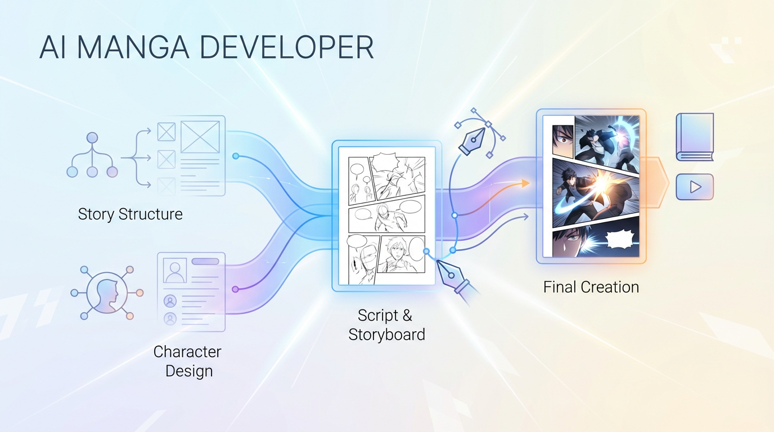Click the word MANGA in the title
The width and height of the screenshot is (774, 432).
click(x=133, y=47)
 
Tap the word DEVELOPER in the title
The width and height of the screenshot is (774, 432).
click(x=287, y=47)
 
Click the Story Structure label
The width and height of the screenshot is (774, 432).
click(x=130, y=214)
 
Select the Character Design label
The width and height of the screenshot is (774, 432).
click(x=188, y=362)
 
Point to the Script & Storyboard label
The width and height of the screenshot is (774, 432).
click(x=386, y=325)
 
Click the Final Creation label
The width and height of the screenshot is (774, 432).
click(x=591, y=287)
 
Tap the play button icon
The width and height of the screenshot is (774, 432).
click(x=695, y=187)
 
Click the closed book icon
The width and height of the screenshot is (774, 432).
click(x=695, y=137)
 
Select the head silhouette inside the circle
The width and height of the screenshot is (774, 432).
click(x=107, y=294)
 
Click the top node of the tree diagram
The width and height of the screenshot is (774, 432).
click(x=92, y=138)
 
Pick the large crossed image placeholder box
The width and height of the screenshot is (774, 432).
click(x=200, y=137)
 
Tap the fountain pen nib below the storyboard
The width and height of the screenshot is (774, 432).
click(x=453, y=278)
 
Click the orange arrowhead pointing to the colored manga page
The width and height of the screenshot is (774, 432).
click(x=525, y=183)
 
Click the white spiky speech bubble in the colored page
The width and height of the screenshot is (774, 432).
click(x=620, y=240)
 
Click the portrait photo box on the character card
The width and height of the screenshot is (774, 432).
click(x=175, y=270)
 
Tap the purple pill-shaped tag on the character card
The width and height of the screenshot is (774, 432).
click(x=205, y=262)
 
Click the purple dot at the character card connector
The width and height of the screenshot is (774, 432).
click(x=235, y=289)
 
